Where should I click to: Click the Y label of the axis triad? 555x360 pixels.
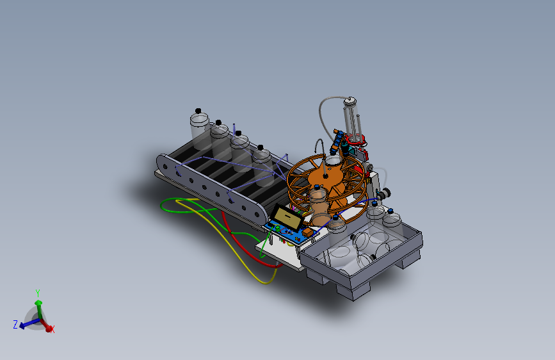[x=38, y=293]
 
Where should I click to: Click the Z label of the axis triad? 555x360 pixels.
[x=15, y=324]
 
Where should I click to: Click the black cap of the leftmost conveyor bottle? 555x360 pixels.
[x=198, y=111]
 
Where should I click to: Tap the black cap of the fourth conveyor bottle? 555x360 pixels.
[x=261, y=147]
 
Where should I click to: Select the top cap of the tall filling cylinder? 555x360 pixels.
[x=350, y=101]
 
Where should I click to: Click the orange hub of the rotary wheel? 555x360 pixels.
[x=325, y=177]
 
